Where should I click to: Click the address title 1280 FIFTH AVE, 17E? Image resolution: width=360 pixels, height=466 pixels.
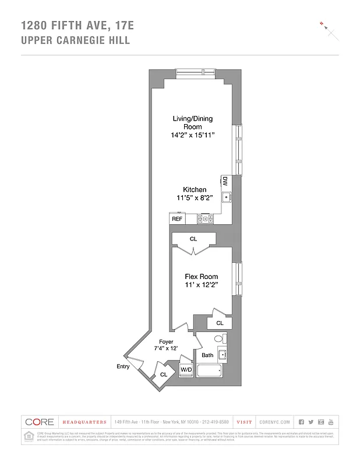pyautogui.click(x=77, y=25)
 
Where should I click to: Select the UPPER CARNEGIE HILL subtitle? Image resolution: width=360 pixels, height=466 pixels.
pyautogui.click(x=75, y=41)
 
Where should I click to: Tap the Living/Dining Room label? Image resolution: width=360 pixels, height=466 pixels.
pyautogui.click(x=192, y=122)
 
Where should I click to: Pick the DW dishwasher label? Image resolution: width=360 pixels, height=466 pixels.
pyautogui.click(x=224, y=182)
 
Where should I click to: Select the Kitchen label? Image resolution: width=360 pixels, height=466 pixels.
pyautogui.click(x=195, y=190)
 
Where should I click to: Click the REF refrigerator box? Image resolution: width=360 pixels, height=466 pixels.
pyautogui.click(x=177, y=219)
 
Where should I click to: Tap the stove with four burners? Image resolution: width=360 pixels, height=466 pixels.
pyautogui.click(x=206, y=218)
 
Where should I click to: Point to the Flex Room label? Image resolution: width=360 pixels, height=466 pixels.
pyautogui.click(x=201, y=276)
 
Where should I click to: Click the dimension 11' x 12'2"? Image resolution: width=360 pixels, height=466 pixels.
pyautogui.click(x=201, y=285)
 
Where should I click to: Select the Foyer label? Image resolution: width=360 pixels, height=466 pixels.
pyautogui.click(x=166, y=341)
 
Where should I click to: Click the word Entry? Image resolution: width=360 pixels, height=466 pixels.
pyautogui.click(x=123, y=366)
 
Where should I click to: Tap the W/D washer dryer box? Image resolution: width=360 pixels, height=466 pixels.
pyautogui.click(x=186, y=370)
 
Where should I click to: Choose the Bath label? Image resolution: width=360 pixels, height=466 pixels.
pyautogui.click(x=207, y=355)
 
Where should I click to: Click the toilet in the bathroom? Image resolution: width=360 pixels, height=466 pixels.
pyautogui.click(x=219, y=338)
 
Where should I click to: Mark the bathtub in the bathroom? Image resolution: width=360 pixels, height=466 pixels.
pyautogui.click(x=210, y=371)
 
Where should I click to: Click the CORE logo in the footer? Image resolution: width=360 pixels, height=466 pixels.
pyautogui.click(x=40, y=422)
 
